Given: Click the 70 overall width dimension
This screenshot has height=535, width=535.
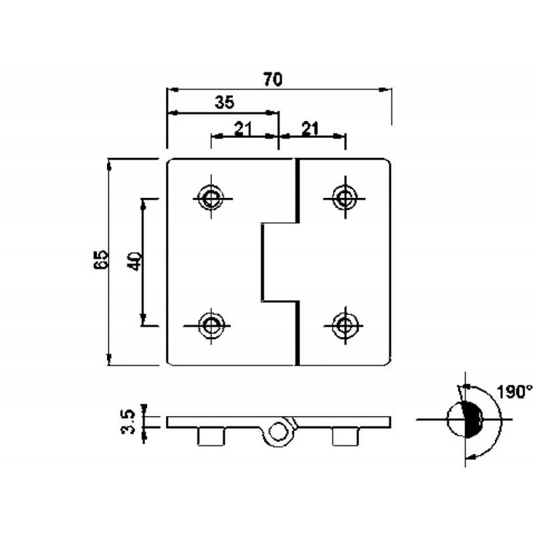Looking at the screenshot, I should (271, 79).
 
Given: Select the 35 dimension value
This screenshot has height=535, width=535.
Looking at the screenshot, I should (225, 102).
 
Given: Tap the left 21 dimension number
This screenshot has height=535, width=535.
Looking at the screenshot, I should (243, 128).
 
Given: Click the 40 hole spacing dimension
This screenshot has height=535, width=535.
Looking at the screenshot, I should (134, 261).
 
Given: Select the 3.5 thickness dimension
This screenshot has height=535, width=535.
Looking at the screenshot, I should (130, 421).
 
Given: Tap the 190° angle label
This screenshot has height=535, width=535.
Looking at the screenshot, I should (514, 392).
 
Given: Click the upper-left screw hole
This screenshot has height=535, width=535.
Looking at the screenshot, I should (212, 197).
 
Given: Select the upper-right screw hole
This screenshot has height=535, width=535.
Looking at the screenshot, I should (344, 197).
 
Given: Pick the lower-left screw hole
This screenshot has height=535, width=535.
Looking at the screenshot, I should (212, 326).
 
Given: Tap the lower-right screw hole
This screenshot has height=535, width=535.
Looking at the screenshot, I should (344, 326).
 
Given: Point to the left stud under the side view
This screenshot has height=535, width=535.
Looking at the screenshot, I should (211, 436).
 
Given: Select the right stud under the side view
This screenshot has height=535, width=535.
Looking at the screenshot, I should (344, 436).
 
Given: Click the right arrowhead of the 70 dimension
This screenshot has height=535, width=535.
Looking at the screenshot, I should (386, 88).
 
